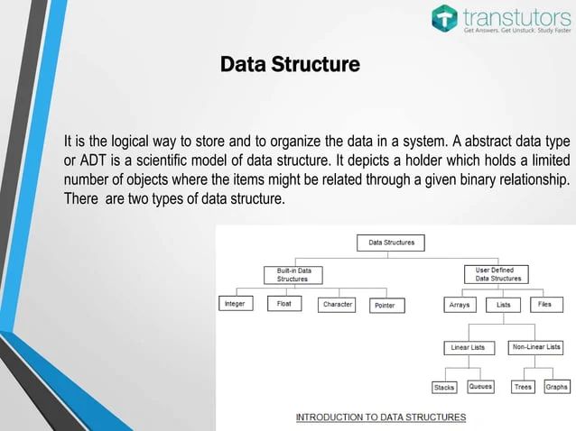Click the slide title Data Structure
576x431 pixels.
(290, 65)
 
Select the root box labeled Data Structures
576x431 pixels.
(391, 243)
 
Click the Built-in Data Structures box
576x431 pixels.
(293, 274)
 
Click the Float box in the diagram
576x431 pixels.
(284, 305)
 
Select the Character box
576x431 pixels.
(337, 305)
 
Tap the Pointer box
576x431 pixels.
(386, 306)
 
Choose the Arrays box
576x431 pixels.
(460, 305)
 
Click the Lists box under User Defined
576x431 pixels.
(503, 305)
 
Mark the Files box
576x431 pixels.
(544, 305)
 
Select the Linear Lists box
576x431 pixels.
(468, 347)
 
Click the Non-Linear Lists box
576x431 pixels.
(536, 347)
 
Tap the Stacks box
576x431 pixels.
(444, 387)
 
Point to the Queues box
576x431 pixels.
(480, 387)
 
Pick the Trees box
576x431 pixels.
(523, 387)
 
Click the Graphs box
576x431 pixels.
(556, 387)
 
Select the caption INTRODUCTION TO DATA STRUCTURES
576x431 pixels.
(381, 417)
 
